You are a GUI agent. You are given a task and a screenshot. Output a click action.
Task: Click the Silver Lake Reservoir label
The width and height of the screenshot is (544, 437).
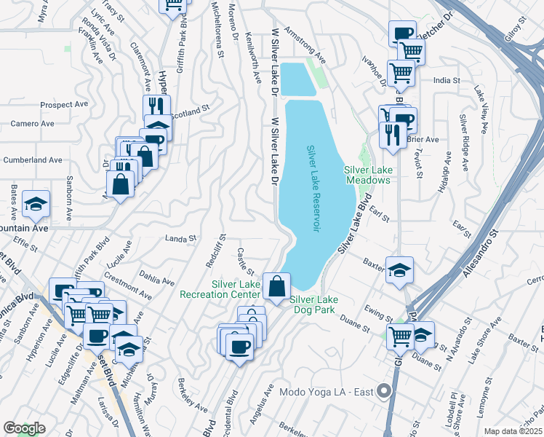tap(312, 189)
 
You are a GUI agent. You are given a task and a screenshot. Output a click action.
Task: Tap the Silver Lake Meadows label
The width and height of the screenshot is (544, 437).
tap(369, 176)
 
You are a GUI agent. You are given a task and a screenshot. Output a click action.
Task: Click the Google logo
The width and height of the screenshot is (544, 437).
tap(23, 429)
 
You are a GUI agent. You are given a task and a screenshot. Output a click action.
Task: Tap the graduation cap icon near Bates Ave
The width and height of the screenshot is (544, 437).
tap(35, 205)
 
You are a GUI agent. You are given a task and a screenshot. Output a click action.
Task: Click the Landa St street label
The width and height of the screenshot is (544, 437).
tap(181, 238)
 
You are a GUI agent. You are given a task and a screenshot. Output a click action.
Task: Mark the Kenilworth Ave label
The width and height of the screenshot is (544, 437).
tap(252, 58)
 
